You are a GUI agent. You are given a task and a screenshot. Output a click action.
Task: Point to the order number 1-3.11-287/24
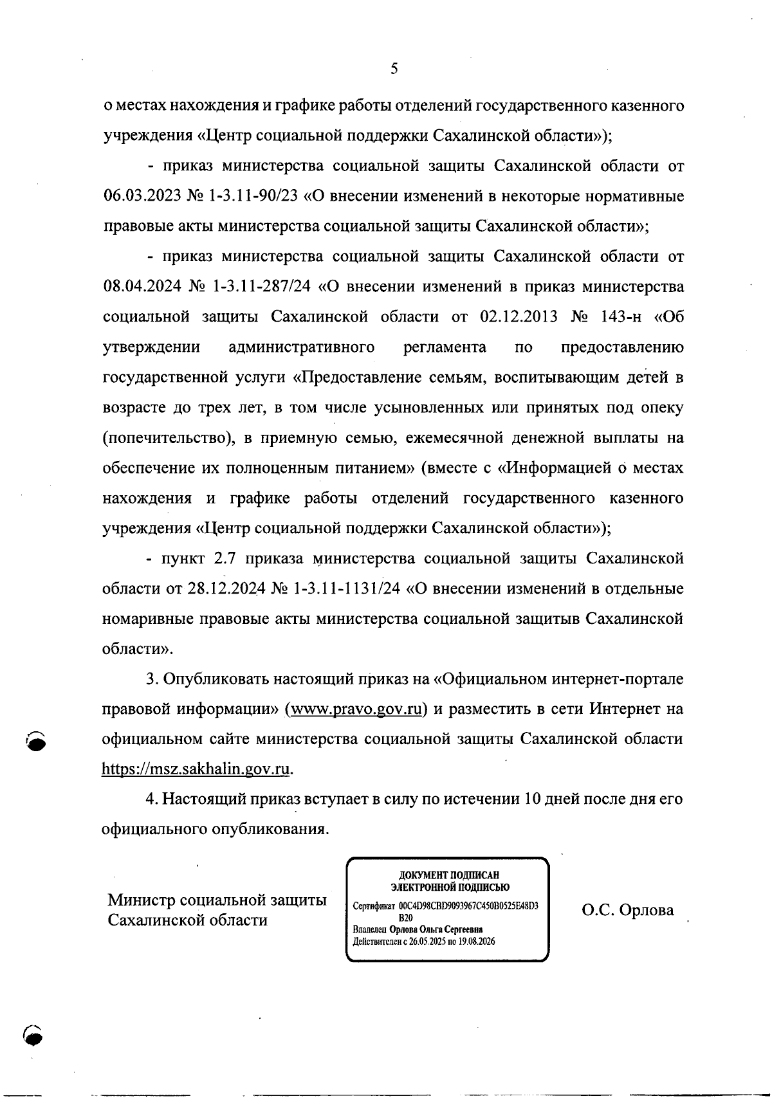click(x=261, y=287)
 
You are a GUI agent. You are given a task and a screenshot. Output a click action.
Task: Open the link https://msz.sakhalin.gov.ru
click(x=198, y=769)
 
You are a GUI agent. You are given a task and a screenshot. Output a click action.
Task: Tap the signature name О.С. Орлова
click(x=628, y=910)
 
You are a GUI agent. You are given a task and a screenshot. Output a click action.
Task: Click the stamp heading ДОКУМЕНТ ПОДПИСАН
click(x=448, y=875)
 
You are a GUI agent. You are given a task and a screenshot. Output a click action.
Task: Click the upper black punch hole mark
click(x=38, y=740)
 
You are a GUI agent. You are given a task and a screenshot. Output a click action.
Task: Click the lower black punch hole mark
click(x=32, y=1035)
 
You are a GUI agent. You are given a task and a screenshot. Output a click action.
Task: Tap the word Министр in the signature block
click(x=140, y=900)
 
